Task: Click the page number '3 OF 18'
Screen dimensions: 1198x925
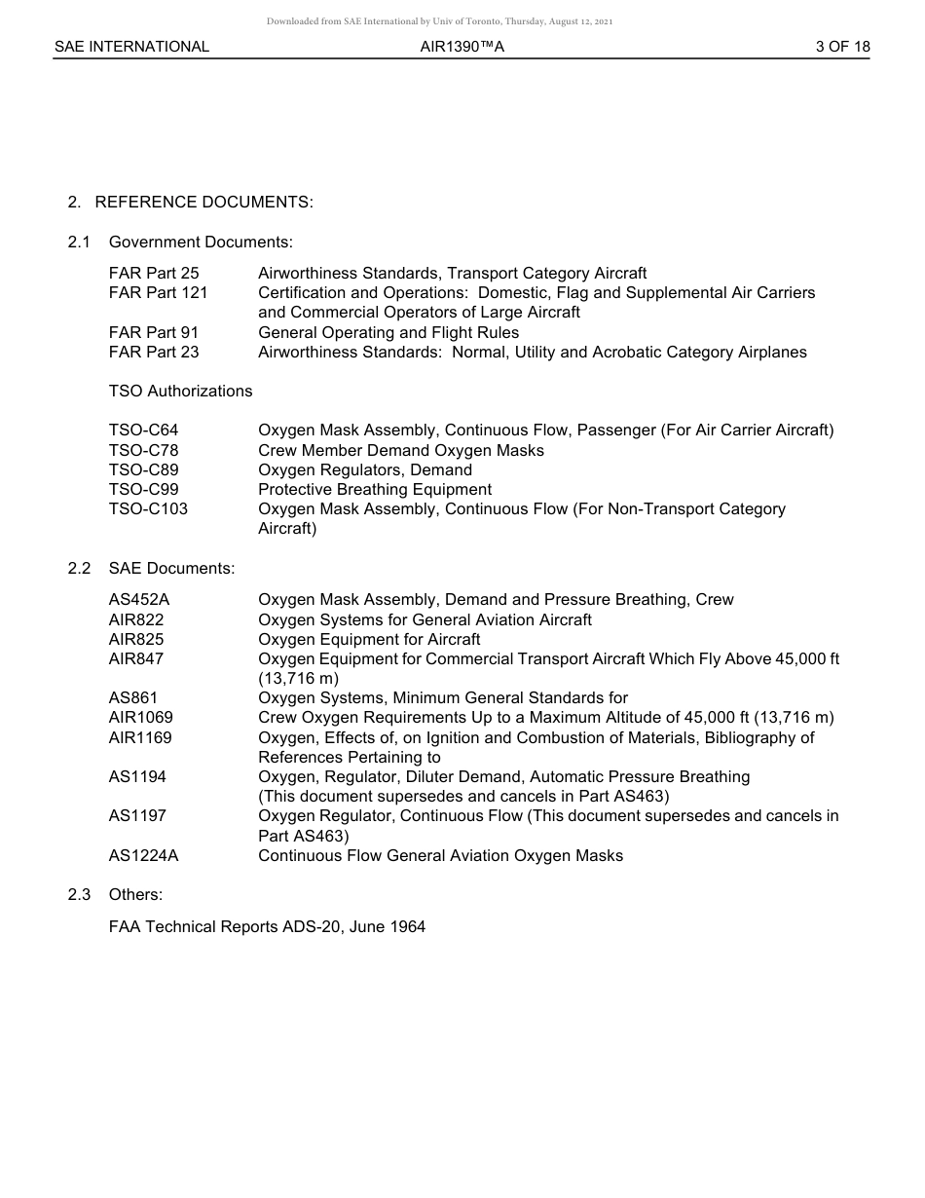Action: tap(842, 46)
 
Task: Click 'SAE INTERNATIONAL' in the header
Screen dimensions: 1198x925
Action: tap(131, 46)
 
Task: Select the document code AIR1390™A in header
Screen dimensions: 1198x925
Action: tap(462, 46)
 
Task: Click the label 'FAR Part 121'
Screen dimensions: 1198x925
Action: tap(158, 292)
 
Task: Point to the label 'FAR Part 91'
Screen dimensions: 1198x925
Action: tap(154, 332)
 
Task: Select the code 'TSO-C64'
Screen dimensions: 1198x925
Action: tap(143, 430)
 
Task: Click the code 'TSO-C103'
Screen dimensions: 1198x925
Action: tap(148, 508)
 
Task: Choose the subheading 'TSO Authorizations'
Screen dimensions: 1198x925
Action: tap(180, 391)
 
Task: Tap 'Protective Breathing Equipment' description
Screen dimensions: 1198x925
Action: tap(375, 489)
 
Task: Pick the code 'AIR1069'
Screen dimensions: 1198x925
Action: tap(140, 717)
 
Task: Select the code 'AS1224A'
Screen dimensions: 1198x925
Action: tap(143, 855)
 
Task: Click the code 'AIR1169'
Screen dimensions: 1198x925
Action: tap(140, 737)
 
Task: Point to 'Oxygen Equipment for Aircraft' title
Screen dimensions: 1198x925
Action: tap(369, 639)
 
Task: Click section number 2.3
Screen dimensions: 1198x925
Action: tap(79, 894)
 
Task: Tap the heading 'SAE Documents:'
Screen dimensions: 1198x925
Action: tap(171, 568)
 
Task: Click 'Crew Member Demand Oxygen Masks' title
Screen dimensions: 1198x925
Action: tap(401, 450)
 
